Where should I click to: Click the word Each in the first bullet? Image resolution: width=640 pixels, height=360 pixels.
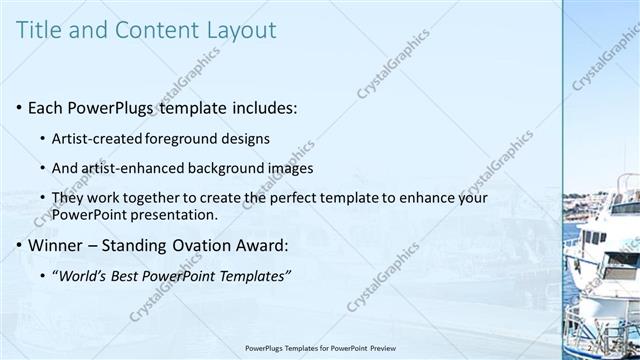tap(46, 107)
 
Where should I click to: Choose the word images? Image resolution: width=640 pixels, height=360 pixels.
tap(292, 168)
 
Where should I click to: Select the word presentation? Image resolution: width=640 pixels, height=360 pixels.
tap(180, 215)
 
